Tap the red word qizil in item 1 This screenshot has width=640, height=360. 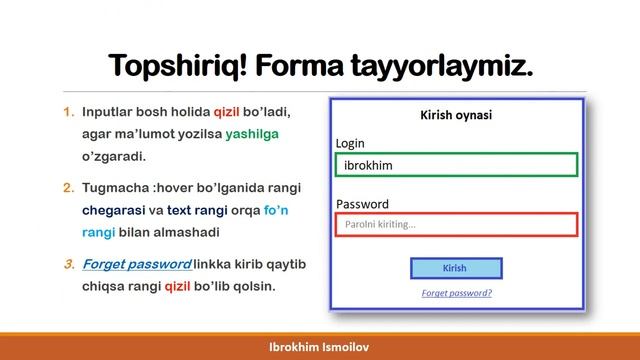coord(228,111)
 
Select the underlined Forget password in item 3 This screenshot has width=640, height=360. coord(136,264)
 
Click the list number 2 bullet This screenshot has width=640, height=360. coord(68,187)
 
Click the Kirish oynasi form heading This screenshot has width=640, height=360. coord(455,115)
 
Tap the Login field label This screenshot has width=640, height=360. coord(350,142)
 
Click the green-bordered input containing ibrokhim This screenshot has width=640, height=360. coord(456,164)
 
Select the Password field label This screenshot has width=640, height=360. coord(362,203)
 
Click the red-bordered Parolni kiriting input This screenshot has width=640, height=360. coord(456,225)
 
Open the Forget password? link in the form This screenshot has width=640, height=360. coord(456,293)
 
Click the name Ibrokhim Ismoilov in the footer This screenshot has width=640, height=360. coord(319,345)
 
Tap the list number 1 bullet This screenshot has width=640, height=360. coord(68,111)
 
